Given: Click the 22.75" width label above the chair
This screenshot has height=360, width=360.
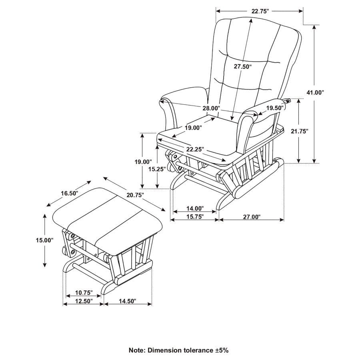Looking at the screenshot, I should pyautogui.click(x=260, y=11).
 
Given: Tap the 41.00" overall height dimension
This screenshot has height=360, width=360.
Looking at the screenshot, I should pyautogui.click(x=315, y=92).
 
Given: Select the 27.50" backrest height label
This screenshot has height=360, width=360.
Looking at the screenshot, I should pyautogui.click(x=243, y=67).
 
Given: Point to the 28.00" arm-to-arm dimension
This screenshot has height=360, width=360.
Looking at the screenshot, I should pyautogui.click(x=211, y=108).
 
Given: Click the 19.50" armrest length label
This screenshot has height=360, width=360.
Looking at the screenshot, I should pyautogui.click(x=275, y=108).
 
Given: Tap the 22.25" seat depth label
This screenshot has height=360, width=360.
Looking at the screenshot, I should pyautogui.click(x=195, y=149).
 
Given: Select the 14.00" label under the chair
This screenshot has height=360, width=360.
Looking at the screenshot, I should pyautogui.click(x=195, y=208).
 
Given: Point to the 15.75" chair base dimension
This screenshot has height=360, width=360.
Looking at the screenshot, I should pyautogui.click(x=195, y=217).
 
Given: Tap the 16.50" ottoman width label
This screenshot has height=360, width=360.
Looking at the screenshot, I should pyautogui.click(x=69, y=193).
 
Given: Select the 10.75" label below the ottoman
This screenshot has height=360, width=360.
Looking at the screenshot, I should pyautogui.click(x=84, y=292).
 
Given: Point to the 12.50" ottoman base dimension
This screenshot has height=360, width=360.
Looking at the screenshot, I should pyautogui.click(x=84, y=301).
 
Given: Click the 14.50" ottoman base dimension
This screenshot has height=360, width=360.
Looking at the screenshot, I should pyautogui.click(x=127, y=301).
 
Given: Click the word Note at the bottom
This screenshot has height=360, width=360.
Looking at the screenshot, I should pyautogui.click(x=137, y=350).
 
